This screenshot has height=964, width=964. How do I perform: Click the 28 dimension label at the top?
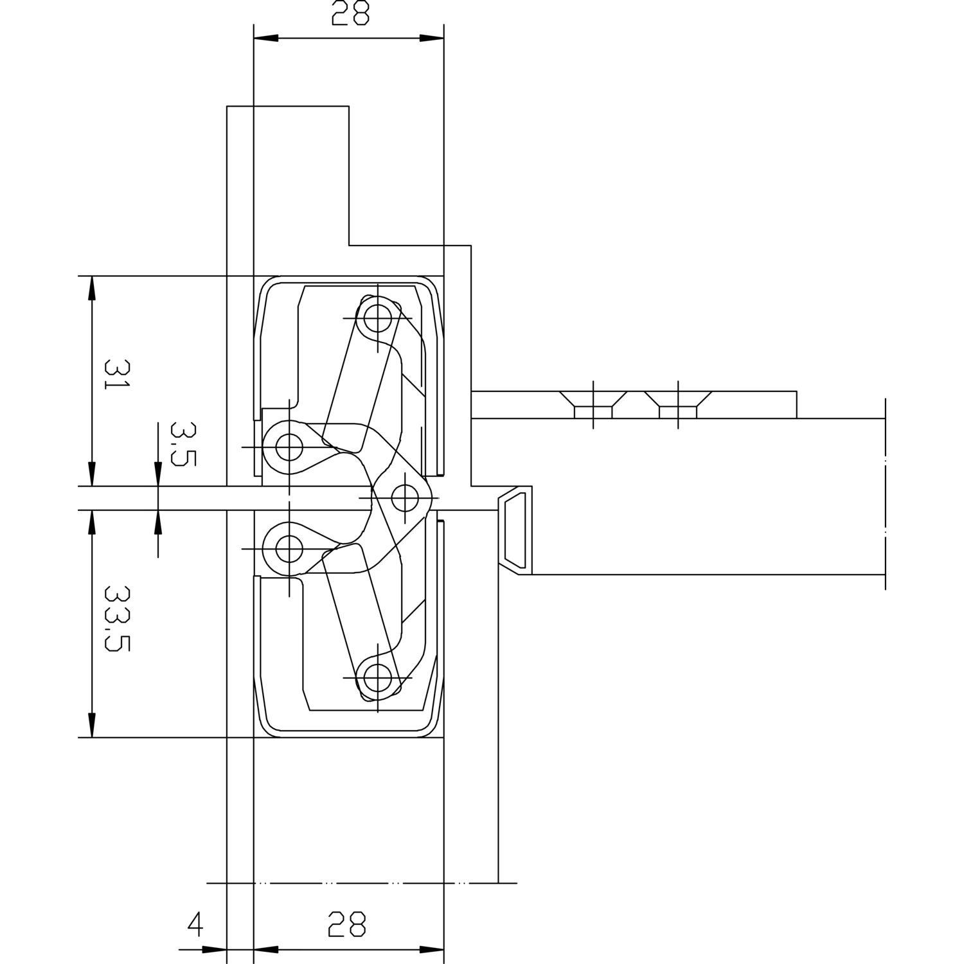350,13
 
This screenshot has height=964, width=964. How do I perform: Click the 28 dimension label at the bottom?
346,924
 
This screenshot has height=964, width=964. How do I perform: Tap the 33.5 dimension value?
117,618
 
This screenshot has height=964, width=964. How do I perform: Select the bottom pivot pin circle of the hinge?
377,677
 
